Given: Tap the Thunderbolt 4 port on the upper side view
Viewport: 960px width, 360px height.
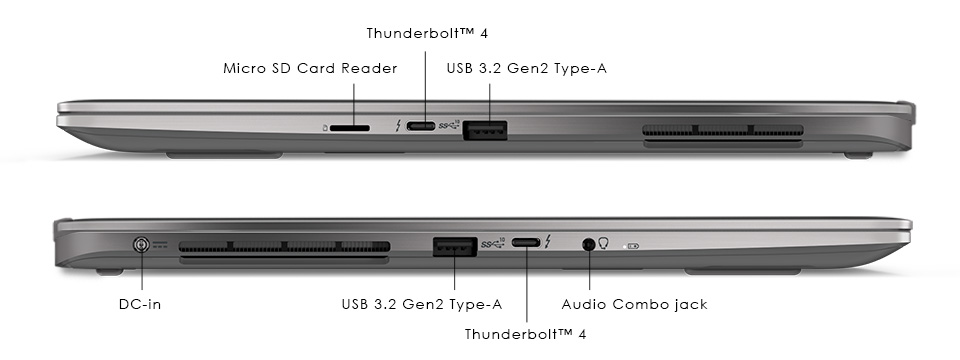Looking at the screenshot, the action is point(425,127).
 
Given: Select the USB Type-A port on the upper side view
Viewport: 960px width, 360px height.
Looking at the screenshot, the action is point(485,128).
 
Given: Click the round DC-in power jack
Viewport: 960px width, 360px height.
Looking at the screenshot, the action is point(143,244).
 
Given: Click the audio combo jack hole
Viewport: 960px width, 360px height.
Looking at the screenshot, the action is point(588,243).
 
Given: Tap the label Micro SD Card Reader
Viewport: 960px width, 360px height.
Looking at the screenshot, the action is point(310,69).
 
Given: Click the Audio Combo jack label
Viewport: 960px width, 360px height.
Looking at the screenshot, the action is point(634,304).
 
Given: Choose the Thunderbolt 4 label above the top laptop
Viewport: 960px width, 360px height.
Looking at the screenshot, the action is point(425,33).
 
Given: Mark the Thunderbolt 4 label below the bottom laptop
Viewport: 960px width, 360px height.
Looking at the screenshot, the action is point(525,334).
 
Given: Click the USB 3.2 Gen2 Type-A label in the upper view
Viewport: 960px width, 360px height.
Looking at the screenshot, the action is point(527,69).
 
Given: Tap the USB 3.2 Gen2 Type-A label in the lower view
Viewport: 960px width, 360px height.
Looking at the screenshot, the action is point(421,304).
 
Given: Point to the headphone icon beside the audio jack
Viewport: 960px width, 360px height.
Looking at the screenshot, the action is point(604,243).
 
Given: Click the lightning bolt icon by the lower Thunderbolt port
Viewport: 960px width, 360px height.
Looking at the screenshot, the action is point(548,242).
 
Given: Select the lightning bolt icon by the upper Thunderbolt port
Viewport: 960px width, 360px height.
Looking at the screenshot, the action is point(401,127).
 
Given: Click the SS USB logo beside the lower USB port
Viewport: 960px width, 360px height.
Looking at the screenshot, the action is point(493,243).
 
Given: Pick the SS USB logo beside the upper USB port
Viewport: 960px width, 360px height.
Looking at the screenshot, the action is point(449,126).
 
